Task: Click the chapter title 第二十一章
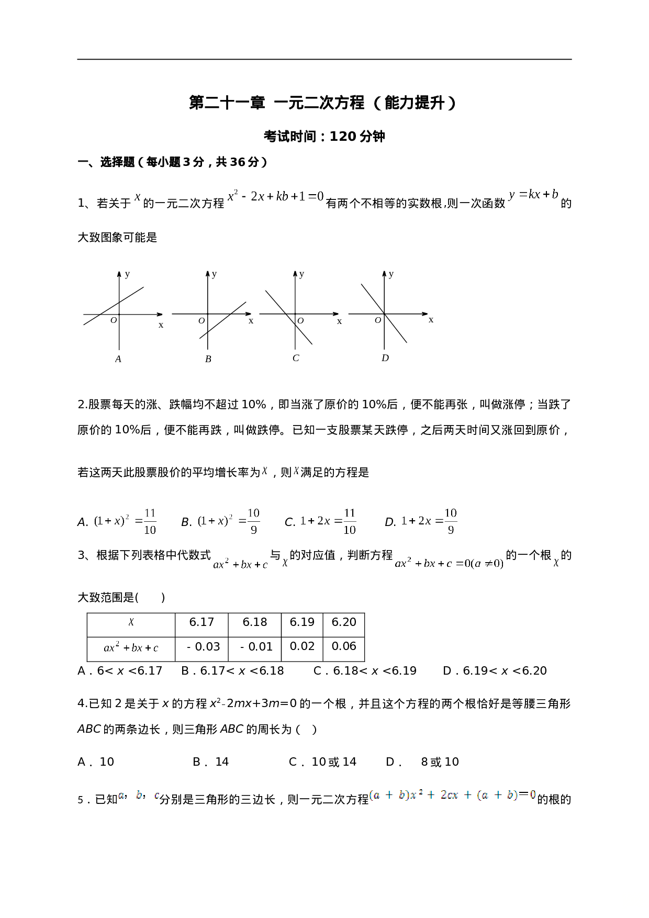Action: click(x=227, y=103)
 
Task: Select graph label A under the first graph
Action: click(x=118, y=359)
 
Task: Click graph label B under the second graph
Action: click(x=208, y=359)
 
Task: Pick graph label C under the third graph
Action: click(x=296, y=359)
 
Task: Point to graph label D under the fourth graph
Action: click(x=385, y=359)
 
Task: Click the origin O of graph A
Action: click(x=114, y=320)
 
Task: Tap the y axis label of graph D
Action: click(x=391, y=274)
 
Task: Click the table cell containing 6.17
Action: click(x=202, y=622)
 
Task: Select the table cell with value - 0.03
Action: click(x=204, y=647)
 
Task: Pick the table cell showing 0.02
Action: click(x=302, y=646)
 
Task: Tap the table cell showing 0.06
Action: click(x=344, y=646)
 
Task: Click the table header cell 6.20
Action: click(x=344, y=622)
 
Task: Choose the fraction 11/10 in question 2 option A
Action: click(x=150, y=521)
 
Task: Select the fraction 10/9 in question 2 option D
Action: click(x=451, y=521)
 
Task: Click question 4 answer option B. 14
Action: click(x=211, y=762)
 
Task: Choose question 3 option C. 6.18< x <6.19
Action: click(x=365, y=671)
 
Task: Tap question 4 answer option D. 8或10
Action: click(x=422, y=762)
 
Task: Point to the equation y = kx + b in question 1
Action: click(x=533, y=195)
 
